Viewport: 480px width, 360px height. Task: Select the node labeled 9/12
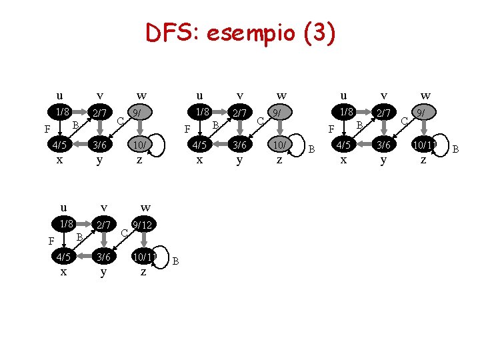click(x=142, y=226)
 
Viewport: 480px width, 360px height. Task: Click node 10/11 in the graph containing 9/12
click(x=144, y=257)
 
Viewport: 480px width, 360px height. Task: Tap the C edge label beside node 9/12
click(x=125, y=233)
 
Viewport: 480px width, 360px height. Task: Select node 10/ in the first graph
click(x=139, y=145)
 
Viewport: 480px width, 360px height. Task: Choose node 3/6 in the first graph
click(x=100, y=145)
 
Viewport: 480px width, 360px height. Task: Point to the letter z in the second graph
click(x=279, y=160)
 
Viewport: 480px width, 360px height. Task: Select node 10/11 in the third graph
click(x=424, y=145)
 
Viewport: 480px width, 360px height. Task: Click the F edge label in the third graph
click(x=331, y=129)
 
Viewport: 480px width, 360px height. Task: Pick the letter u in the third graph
click(x=343, y=95)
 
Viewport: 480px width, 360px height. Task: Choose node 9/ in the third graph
click(x=422, y=113)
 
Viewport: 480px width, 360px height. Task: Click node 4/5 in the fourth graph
click(x=63, y=257)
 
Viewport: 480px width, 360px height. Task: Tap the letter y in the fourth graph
click(x=103, y=272)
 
